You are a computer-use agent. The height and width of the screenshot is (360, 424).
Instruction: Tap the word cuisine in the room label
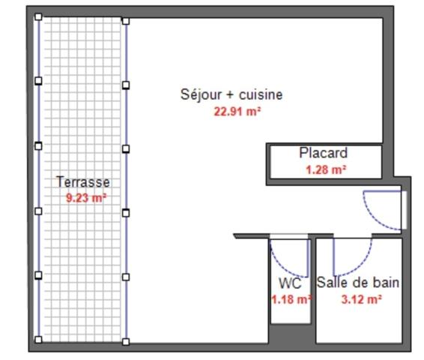[x=260, y=94]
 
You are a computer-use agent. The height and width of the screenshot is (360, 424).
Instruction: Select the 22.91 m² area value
[x=237, y=112]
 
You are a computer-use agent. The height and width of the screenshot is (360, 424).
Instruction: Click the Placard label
[x=323, y=153]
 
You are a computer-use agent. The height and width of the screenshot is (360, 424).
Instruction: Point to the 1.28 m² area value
[x=325, y=170]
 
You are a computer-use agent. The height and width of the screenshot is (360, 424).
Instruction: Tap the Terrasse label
[x=82, y=181]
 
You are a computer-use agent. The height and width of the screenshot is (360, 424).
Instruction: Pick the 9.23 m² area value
[x=86, y=199]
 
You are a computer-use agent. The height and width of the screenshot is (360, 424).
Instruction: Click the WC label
[x=290, y=283]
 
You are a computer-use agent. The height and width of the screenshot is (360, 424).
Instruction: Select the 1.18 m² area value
[x=291, y=299]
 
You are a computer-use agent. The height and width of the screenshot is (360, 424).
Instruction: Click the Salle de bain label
[x=357, y=283]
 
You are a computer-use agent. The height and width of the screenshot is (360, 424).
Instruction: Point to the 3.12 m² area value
[x=361, y=298]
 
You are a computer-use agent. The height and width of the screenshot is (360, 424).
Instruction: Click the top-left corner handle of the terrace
[x=39, y=17]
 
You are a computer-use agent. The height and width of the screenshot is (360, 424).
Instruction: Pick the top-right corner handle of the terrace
[x=125, y=22]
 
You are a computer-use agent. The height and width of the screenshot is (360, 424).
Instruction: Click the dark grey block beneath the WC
[x=290, y=334]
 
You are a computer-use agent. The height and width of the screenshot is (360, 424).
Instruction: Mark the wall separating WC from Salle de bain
[x=313, y=292]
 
